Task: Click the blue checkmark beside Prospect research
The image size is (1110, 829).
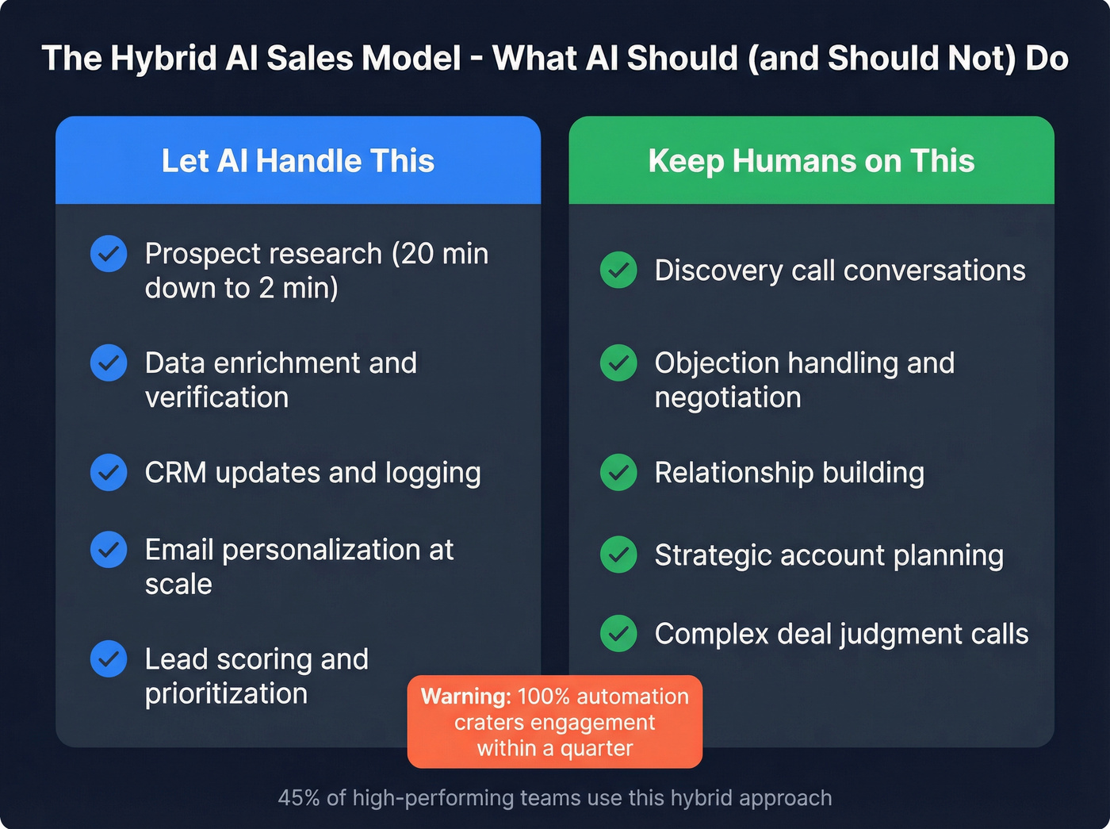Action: [109, 254]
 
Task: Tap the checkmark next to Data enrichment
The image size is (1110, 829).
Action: [109, 363]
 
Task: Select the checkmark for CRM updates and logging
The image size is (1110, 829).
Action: [109, 473]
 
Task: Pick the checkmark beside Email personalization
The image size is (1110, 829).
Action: [109, 550]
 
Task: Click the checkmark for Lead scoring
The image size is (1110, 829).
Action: [109, 658]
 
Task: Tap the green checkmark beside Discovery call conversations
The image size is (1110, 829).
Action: [618, 271]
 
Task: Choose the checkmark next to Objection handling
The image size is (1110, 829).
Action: [618, 363]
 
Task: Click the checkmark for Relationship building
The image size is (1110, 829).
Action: [618, 473]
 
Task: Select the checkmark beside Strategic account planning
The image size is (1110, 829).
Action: [618, 555]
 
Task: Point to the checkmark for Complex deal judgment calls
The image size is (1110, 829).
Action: [618, 634]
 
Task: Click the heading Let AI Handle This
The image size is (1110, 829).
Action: [298, 161]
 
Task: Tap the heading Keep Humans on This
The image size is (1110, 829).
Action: [811, 161]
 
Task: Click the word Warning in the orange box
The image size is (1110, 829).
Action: [465, 697]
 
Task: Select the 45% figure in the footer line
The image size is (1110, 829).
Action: [298, 798]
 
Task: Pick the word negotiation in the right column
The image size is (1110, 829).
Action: [728, 397]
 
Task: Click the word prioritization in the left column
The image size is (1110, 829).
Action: [226, 694]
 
